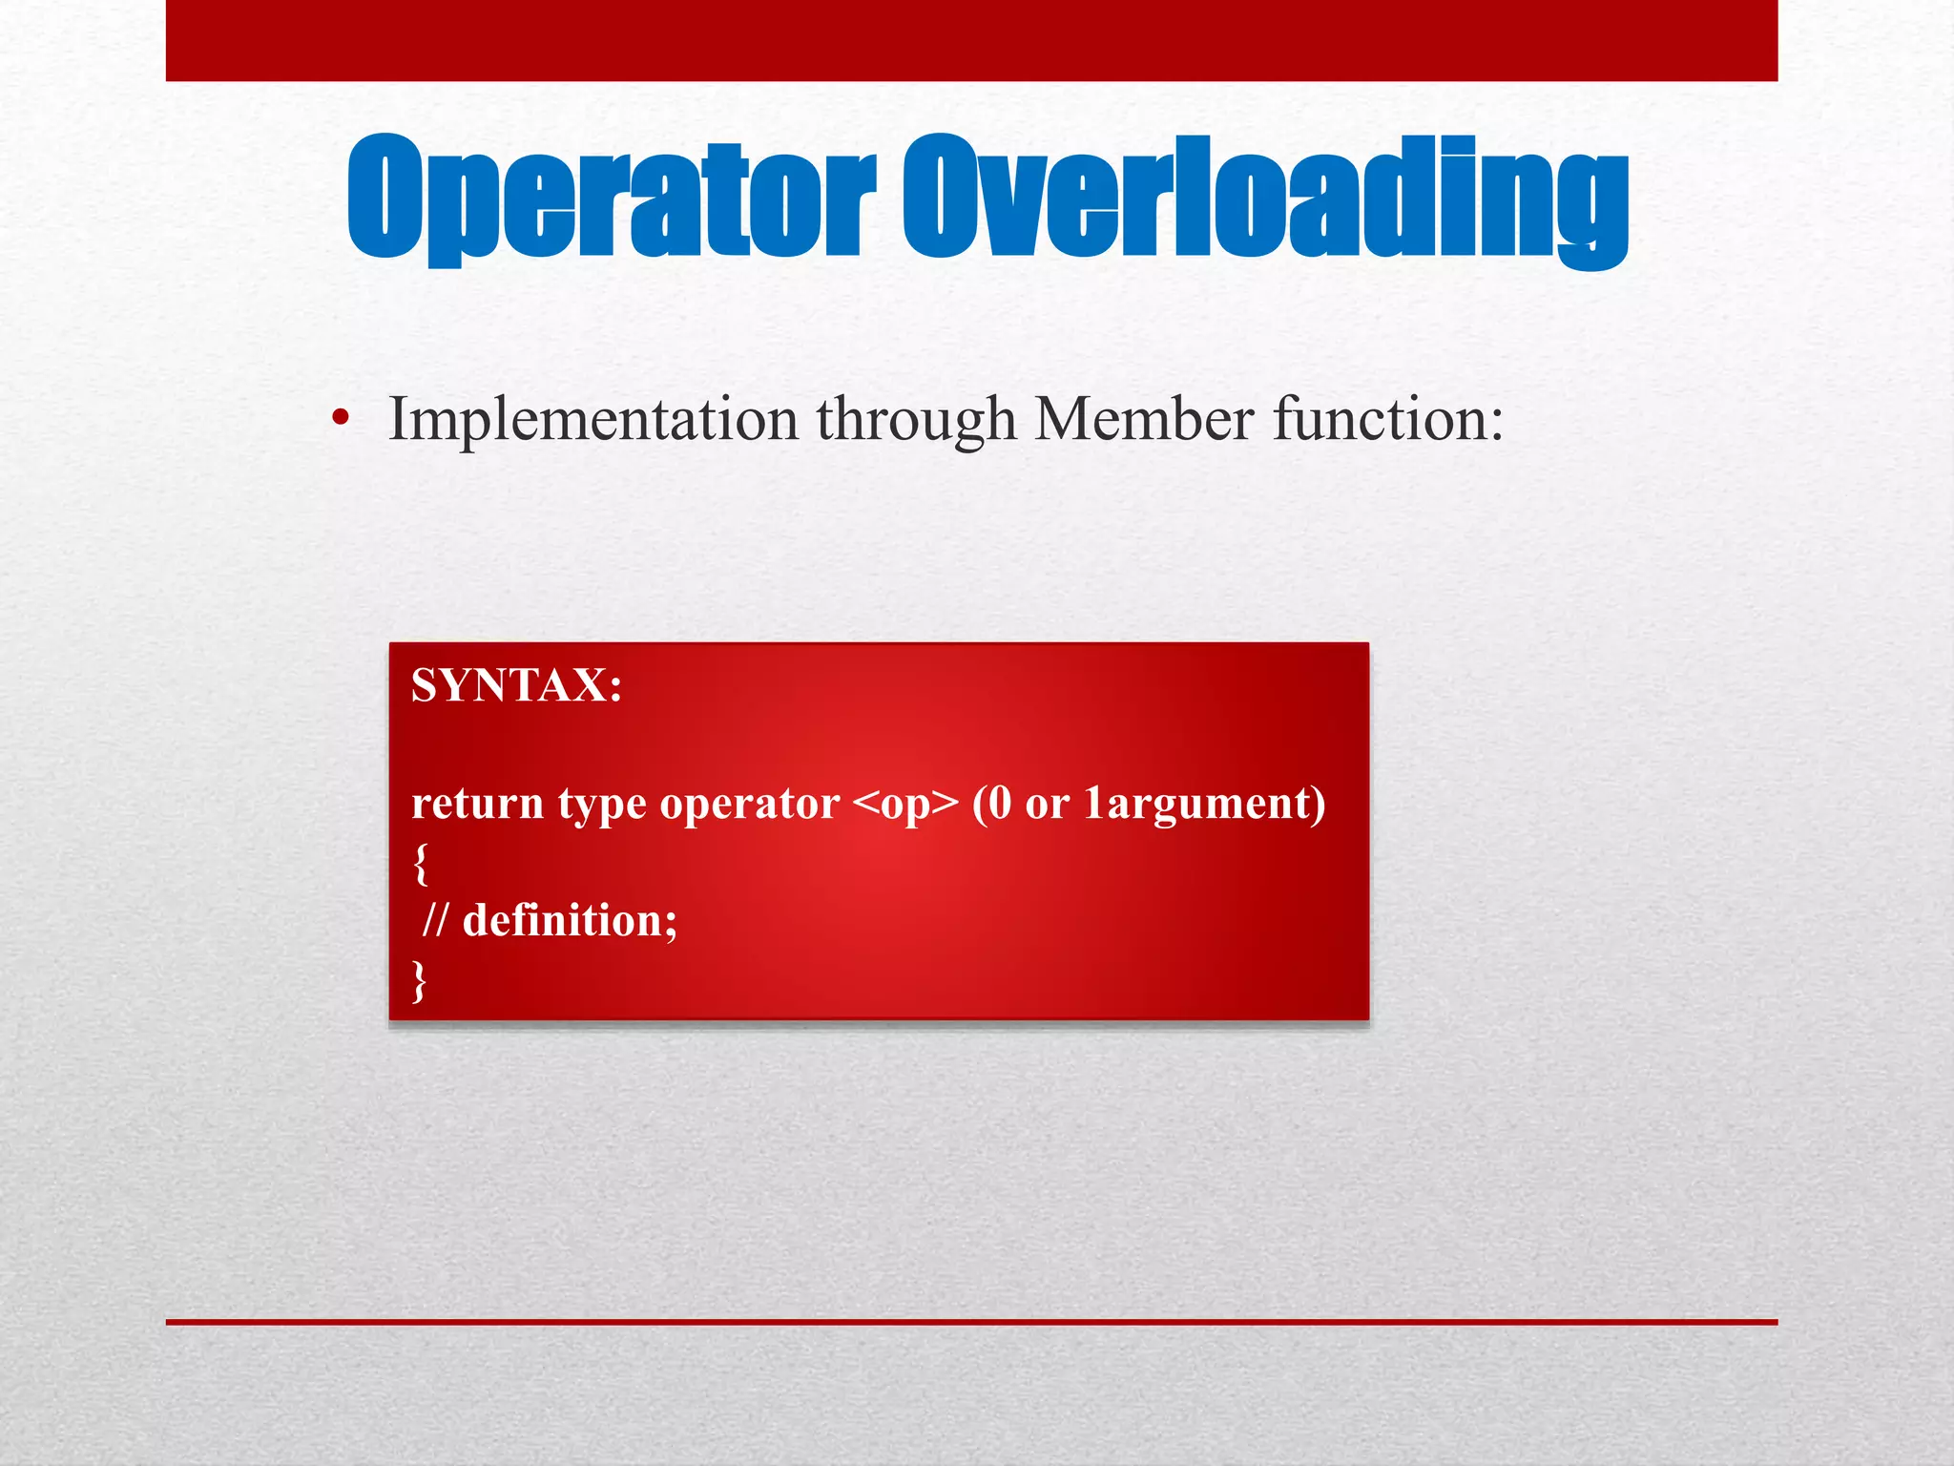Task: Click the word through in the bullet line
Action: tap(916, 420)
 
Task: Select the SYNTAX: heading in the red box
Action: tap(516, 684)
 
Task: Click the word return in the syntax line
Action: tap(477, 803)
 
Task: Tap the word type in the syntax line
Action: tap(602, 805)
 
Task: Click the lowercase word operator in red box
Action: tap(749, 805)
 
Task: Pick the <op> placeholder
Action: tap(904, 805)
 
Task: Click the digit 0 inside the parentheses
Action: tap(999, 803)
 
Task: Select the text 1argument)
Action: tap(1204, 805)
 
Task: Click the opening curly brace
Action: tap(421, 863)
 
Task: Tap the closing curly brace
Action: tap(419, 980)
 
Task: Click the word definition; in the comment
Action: tap(570, 920)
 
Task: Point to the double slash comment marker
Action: tap(434, 920)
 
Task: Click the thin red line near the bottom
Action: tap(971, 1322)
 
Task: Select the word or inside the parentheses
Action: tap(1047, 805)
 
